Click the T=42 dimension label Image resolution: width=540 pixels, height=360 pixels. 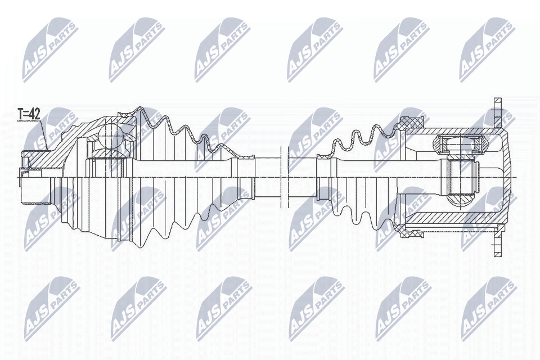coord(29,114)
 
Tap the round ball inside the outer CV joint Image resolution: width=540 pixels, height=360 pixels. coord(110,135)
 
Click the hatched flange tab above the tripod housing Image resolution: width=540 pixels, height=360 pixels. coord(498,112)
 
